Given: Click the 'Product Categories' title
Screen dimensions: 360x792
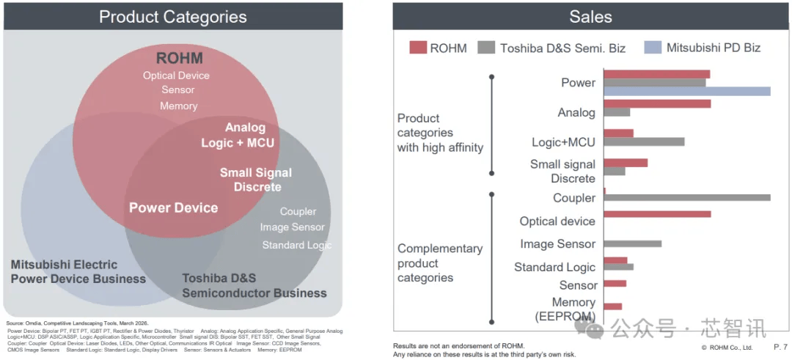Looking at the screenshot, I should (x=173, y=17).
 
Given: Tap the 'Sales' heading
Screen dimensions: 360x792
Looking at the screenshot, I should (x=590, y=17).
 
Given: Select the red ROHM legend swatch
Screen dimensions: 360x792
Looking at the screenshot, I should (x=417, y=48).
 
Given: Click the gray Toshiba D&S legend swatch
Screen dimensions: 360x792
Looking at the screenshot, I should (x=485, y=48).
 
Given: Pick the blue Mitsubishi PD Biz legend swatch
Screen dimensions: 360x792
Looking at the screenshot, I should (x=653, y=48).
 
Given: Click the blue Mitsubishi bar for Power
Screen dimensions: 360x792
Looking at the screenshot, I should (x=686, y=91).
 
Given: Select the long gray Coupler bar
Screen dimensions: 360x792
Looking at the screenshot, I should (x=687, y=197).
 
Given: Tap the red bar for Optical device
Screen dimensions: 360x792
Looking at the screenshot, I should (x=657, y=214).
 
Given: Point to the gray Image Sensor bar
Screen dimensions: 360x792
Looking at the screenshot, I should (x=632, y=244).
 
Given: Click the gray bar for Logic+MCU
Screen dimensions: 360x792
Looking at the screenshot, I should (x=644, y=142).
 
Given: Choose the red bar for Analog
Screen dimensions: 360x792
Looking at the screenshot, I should (x=657, y=104).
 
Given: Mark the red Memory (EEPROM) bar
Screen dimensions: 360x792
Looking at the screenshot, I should (x=612, y=306).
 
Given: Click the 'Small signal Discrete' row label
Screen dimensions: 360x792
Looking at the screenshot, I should (x=562, y=172).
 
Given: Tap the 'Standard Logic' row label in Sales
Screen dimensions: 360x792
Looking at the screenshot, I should (x=554, y=267).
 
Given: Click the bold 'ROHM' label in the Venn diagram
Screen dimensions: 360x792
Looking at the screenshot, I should (x=179, y=58).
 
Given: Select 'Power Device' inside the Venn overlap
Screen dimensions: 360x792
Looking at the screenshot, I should (x=173, y=207).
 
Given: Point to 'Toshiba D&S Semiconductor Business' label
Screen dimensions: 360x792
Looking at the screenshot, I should (x=254, y=286).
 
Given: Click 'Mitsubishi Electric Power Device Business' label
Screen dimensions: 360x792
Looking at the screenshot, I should (x=78, y=271).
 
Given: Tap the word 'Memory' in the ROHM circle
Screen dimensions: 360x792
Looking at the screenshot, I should (x=178, y=106).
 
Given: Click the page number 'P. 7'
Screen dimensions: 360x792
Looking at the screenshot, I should (x=780, y=347).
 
